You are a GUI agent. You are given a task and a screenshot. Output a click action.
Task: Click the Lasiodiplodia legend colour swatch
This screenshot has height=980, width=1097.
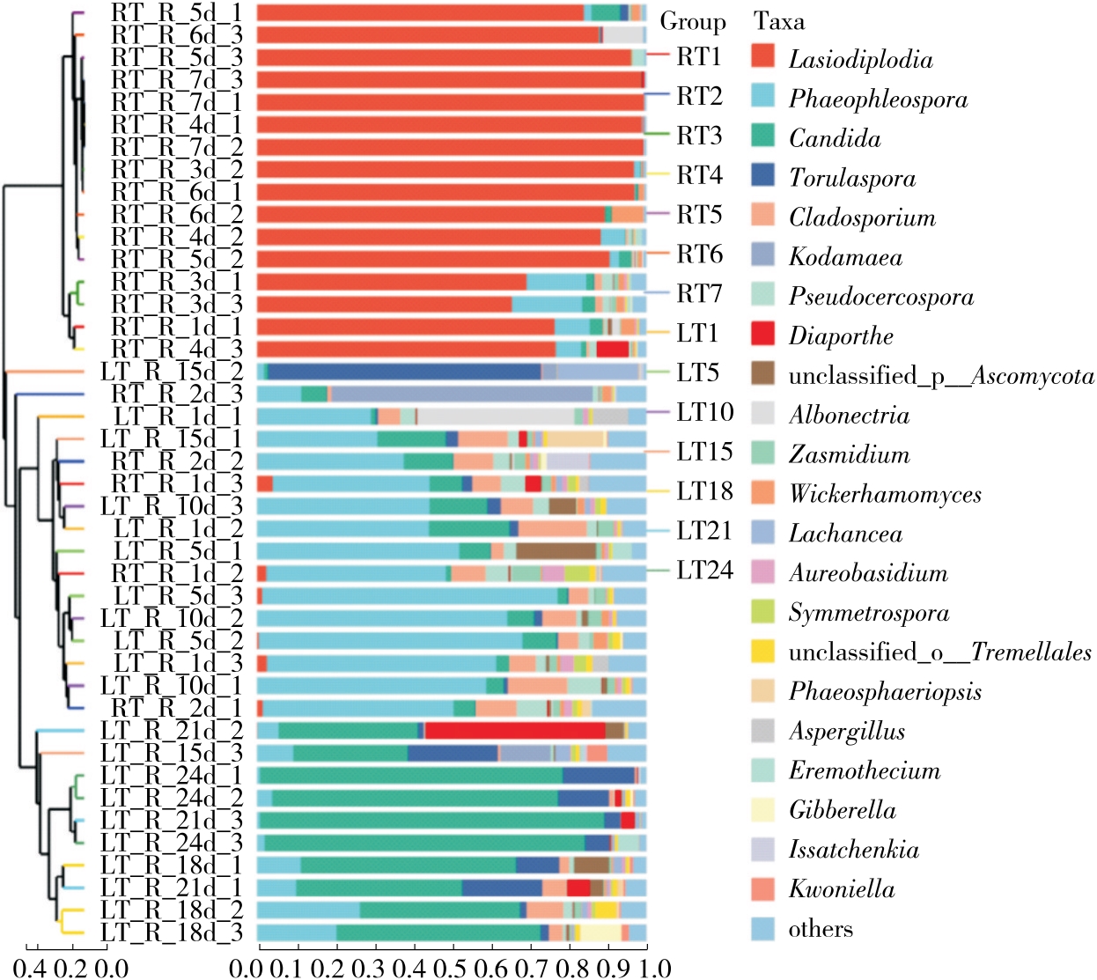762,56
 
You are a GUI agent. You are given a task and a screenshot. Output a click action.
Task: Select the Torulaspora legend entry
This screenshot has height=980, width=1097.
851,178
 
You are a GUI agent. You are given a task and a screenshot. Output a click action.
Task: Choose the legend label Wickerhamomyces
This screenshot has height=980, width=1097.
884,494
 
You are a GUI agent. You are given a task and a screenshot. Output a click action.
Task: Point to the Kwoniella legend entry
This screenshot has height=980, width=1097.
841,888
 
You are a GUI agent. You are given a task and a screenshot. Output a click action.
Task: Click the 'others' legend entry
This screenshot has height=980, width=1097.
820,928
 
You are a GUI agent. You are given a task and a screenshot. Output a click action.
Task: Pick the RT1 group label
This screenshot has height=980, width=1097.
699,56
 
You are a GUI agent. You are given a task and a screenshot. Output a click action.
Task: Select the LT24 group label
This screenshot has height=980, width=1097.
704,571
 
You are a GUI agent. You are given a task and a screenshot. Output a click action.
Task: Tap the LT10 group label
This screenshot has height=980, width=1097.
704,412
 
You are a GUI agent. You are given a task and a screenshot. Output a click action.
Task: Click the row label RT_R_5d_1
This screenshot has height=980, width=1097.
176,12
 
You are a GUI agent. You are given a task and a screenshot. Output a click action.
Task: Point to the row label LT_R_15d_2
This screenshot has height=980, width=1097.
172,371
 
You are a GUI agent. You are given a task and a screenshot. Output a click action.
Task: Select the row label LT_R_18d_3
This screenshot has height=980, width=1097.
172,932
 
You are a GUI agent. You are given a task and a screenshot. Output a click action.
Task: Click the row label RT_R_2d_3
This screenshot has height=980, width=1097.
176,394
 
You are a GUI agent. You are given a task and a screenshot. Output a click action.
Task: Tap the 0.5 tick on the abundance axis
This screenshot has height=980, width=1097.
453,968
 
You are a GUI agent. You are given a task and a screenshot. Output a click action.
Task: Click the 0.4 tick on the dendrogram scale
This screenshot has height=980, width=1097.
31,968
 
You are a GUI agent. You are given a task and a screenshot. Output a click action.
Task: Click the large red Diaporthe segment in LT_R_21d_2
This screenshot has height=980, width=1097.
515,730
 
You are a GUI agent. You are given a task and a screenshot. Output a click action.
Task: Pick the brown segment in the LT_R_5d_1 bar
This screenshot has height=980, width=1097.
556,551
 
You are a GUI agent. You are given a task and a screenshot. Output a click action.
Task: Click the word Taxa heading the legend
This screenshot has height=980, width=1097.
778,21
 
